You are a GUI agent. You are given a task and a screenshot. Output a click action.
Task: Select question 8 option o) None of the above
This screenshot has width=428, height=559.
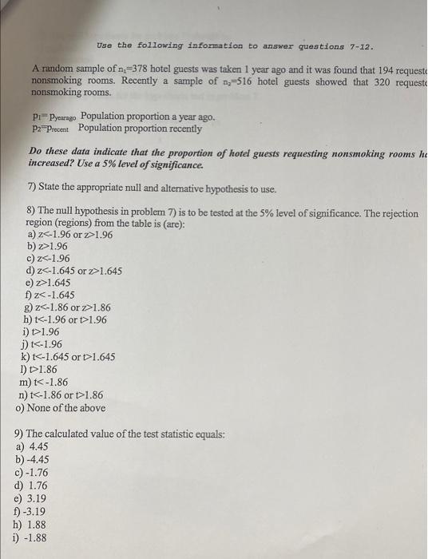[60, 407]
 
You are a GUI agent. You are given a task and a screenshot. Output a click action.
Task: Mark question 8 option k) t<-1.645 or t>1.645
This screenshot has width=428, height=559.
[70, 357]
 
